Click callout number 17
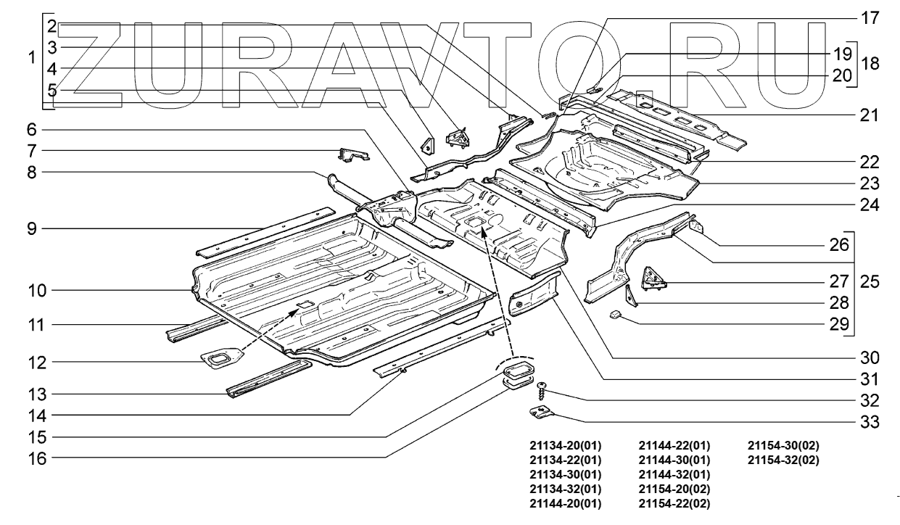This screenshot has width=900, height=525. (868, 19)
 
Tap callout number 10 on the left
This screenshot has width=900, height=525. (38, 291)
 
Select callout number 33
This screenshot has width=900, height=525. (868, 421)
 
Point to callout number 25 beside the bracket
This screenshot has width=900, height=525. (870, 281)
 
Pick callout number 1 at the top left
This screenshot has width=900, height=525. (31, 58)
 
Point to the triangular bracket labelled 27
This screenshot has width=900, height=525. (653, 278)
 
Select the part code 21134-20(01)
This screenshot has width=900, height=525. (566, 445)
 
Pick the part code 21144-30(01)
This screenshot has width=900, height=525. (674, 460)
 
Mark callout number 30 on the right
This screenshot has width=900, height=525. (868, 357)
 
